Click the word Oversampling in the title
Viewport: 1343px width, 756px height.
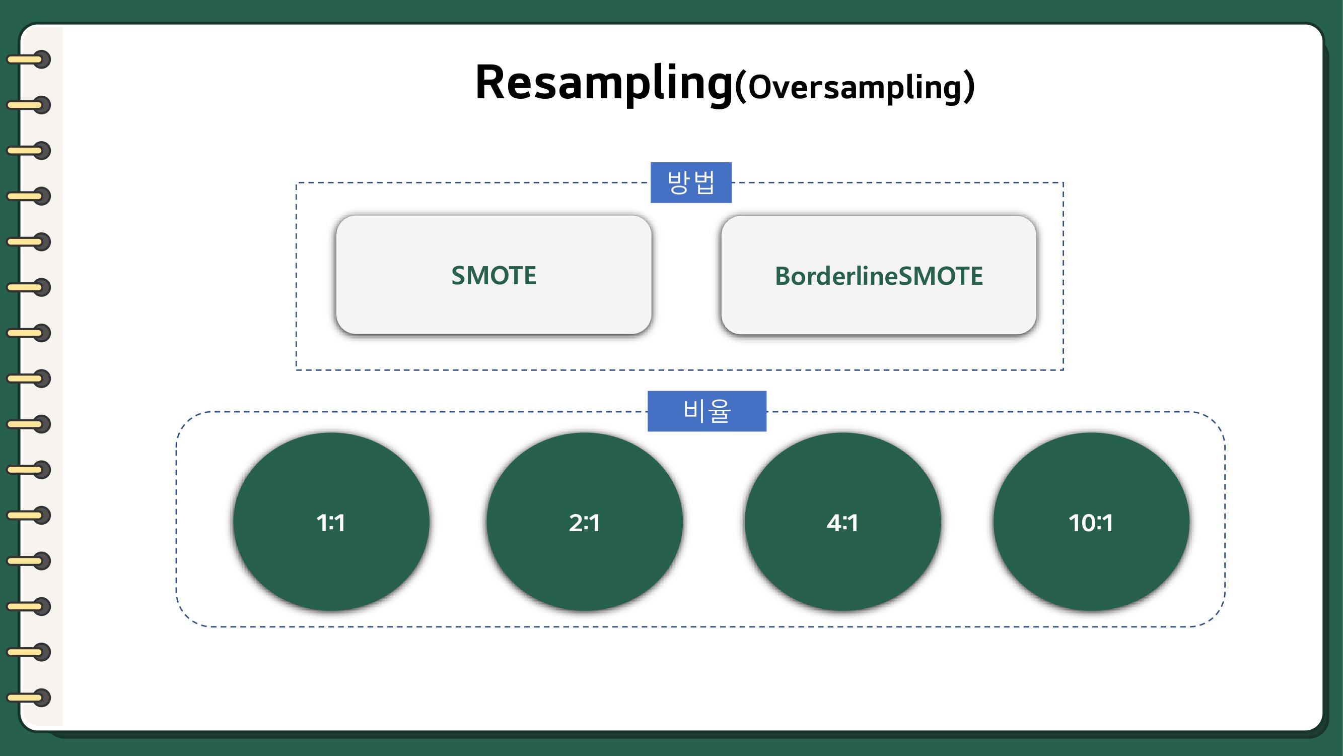pyautogui.click(x=854, y=87)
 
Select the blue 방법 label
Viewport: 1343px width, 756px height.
pyautogui.click(x=691, y=182)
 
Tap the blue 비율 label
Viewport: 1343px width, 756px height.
pyautogui.click(x=707, y=411)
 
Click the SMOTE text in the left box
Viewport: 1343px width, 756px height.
pyautogui.click(x=493, y=276)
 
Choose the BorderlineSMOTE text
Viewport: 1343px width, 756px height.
pyautogui.click(x=879, y=276)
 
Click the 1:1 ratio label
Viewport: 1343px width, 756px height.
pyautogui.click(x=330, y=523)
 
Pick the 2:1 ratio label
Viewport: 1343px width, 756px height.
pyautogui.click(x=585, y=523)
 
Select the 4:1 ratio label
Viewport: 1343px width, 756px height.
pyautogui.click(x=842, y=523)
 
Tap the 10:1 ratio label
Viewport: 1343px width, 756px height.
pyautogui.click(x=1091, y=523)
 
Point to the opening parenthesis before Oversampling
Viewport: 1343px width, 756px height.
pyautogui.click(x=741, y=88)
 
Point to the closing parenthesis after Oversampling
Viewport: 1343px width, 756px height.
pyautogui.click(x=969, y=88)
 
